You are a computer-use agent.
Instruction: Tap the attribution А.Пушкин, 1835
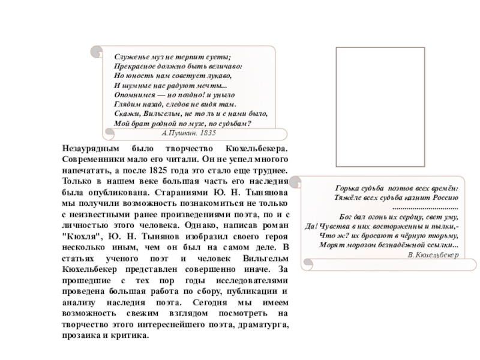(x=190, y=131)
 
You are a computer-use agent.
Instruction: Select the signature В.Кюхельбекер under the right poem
(x=433, y=256)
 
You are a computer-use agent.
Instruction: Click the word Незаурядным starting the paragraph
(x=91, y=148)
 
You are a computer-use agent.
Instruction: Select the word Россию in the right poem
(x=444, y=197)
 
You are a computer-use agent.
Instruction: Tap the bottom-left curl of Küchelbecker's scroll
(x=308, y=262)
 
